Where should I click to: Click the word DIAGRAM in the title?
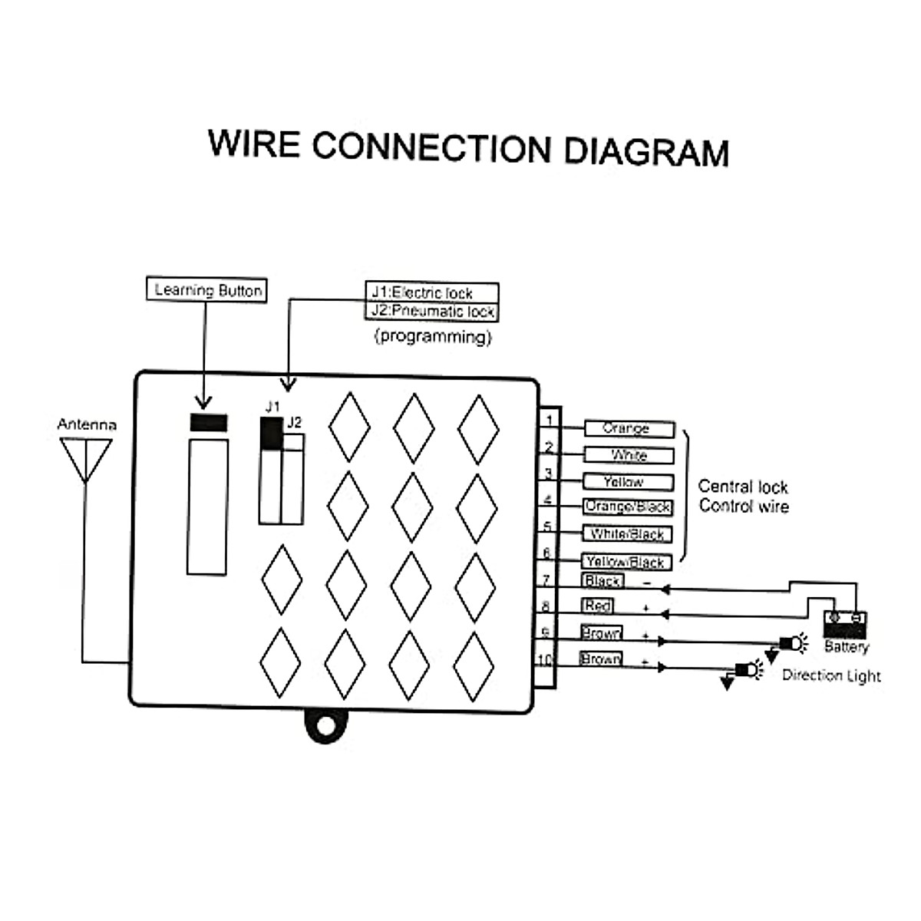click(x=646, y=150)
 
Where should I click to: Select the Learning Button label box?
click(x=206, y=290)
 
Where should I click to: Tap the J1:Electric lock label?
click(x=431, y=292)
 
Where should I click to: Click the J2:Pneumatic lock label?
click(x=431, y=311)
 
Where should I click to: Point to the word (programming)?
click(x=433, y=336)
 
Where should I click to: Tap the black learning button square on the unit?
click(x=208, y=422)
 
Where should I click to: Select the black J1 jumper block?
click(x=271, y=434)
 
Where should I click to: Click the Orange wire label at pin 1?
click(x=628, y=429)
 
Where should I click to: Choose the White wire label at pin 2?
click(x=628, y=456)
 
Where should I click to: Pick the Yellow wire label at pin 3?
click(x=627, y=482)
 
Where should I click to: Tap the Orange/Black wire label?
click(x=627, y=507)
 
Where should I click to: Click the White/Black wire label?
click(x=627, y=534)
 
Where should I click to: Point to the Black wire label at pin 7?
click(x=602, y=581)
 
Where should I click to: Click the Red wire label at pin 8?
click(x=597, y=606)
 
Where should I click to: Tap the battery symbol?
click(x=844, y=623)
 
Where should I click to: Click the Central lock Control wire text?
click(x=743, y=496)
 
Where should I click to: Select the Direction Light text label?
click(x=831, y=675)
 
